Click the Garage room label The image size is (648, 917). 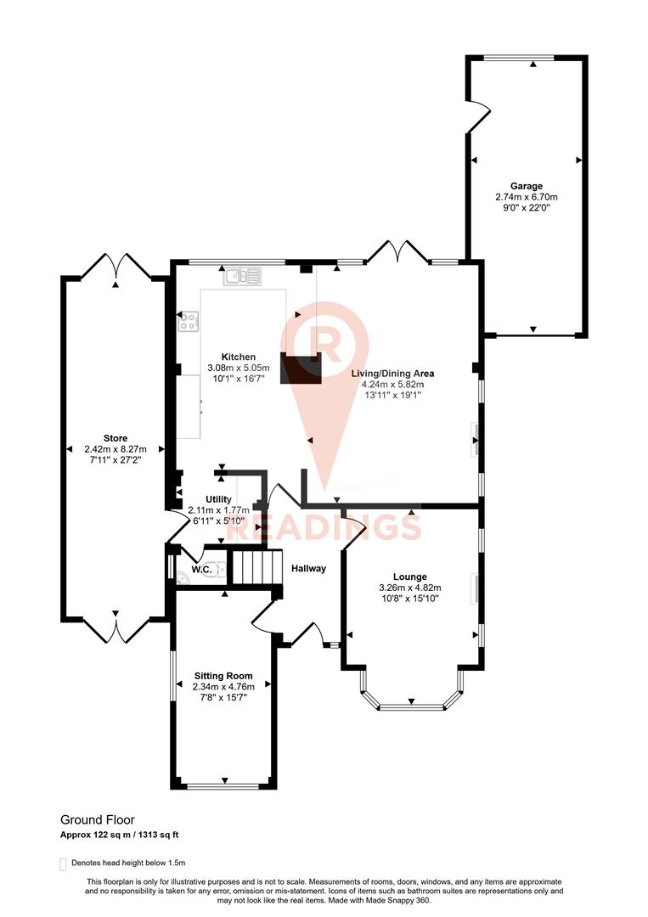point(526,186)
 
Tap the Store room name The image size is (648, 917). point(116,438)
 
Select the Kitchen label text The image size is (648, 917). point(238,357)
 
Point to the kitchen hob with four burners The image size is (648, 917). point(189,321)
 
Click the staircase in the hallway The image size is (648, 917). point(256,566)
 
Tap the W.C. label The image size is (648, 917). point(200,570)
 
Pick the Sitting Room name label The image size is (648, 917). point(222,676)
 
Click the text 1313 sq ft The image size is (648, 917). point(155,835)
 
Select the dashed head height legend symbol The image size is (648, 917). point(63,864)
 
